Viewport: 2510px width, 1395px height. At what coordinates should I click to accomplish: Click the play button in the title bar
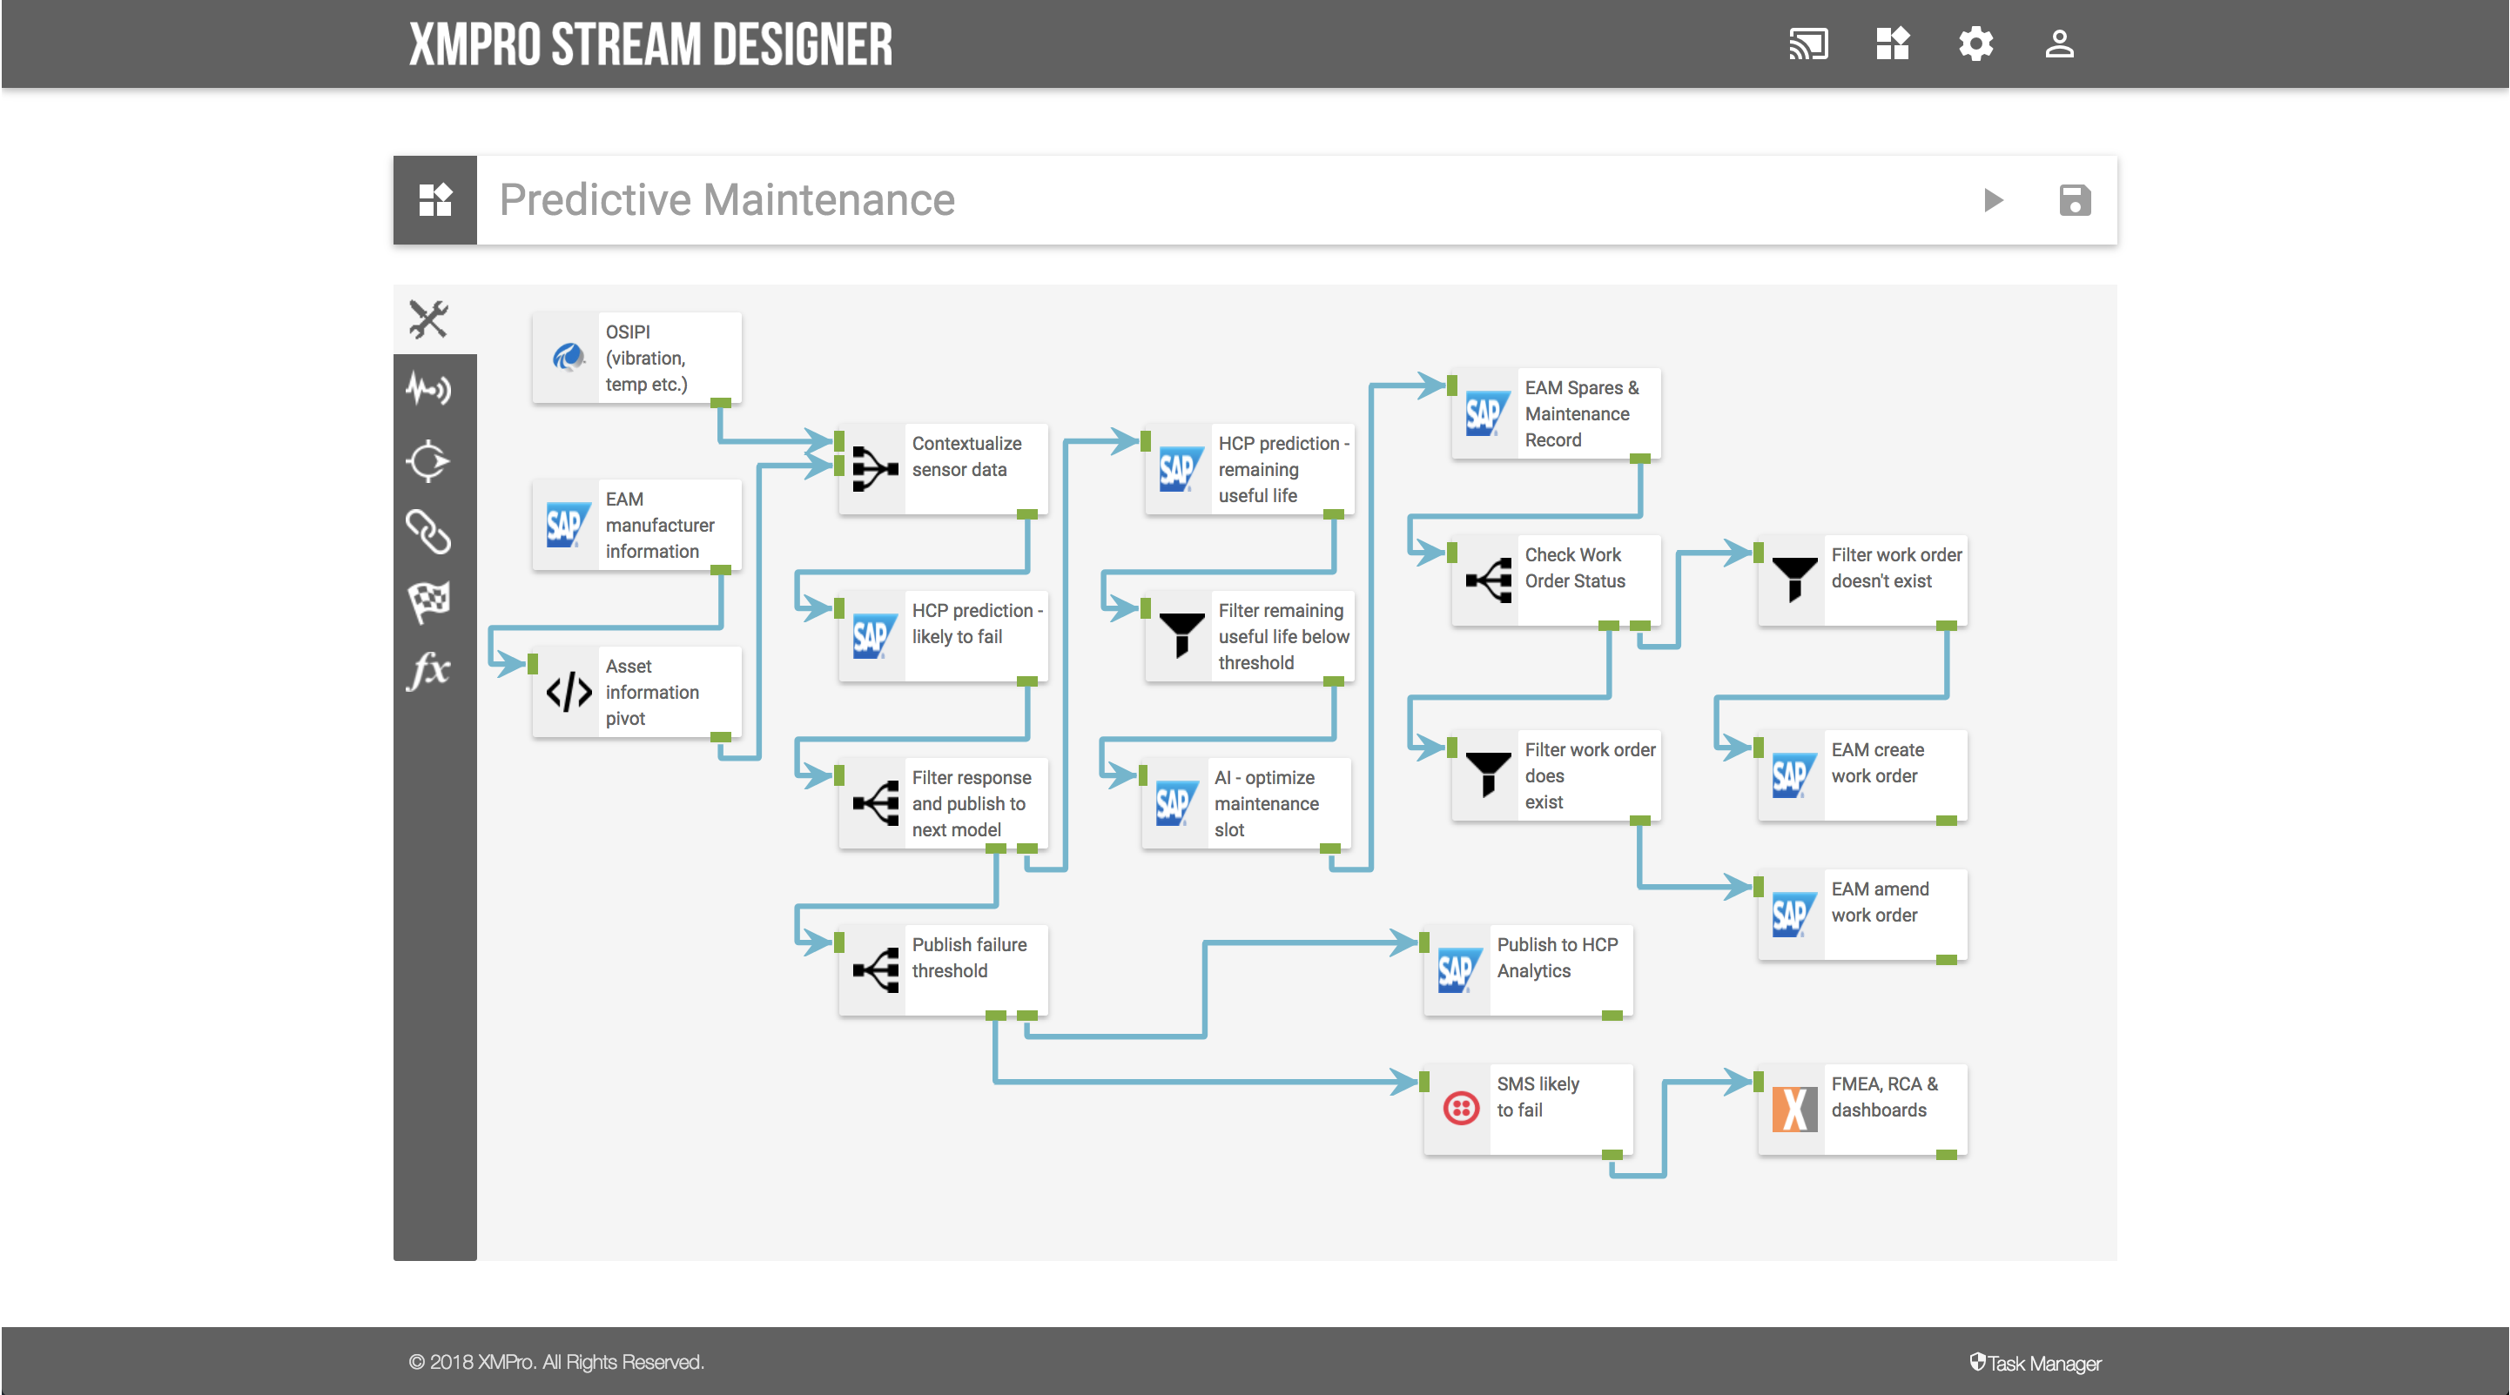click(x=1993, y=201)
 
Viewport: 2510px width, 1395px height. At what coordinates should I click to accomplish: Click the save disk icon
click(x=2075, y=201)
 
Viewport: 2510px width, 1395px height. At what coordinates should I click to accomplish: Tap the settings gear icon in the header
click(x=1975, y=44)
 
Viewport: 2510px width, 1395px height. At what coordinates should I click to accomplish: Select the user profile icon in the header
click(x=2059, y=44)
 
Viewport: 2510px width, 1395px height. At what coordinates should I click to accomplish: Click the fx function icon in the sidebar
click(x=428, y=670)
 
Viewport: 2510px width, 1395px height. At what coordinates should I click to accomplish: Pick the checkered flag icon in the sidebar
click(x=428, y=601)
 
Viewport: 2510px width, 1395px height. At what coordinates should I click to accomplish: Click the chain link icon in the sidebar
click(x=428, y=531)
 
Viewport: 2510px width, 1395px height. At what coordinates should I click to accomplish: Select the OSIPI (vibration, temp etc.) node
click(x=637, y=359)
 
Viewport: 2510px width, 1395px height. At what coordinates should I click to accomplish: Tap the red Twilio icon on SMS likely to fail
click(x=1461, y=1109)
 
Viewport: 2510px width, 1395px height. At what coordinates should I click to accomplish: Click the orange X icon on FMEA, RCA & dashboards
click(x=1793, y=1109)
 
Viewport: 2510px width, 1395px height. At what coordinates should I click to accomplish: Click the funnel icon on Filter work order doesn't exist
click(x=1793, y=579)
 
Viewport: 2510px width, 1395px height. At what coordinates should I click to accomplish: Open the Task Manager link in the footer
click(x=2036, y=1363)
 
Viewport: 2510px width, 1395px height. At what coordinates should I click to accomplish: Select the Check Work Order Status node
click(x=1556, y=580)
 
